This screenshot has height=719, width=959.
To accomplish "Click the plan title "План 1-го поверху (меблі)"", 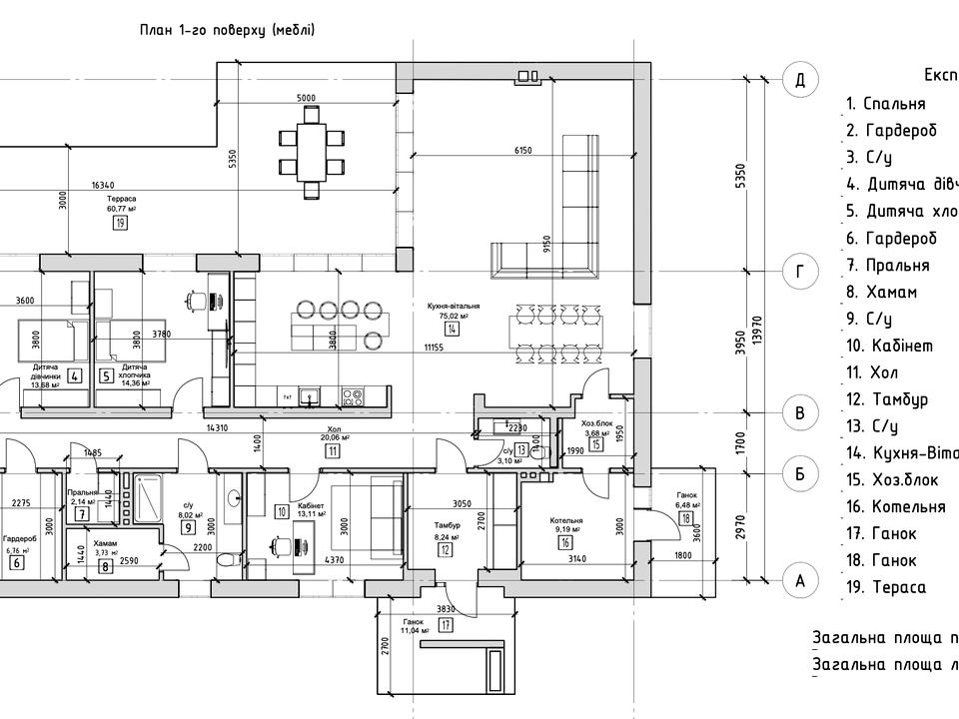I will point(227,30).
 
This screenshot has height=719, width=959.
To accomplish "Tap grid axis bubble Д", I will point(799,80).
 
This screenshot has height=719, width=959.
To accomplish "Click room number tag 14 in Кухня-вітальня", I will point(454,330).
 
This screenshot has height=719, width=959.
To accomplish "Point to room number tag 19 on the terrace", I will point(121,224).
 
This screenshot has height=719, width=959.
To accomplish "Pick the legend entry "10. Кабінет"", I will point(889,346).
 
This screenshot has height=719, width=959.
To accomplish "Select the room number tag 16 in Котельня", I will point(565,543).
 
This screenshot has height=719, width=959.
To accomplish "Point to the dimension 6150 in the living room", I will point(522,151).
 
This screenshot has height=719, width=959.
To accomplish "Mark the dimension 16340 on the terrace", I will point(102,185).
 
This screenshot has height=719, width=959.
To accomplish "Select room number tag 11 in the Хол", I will point(331,450).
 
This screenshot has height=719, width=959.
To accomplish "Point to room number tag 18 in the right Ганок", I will point(686,518).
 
